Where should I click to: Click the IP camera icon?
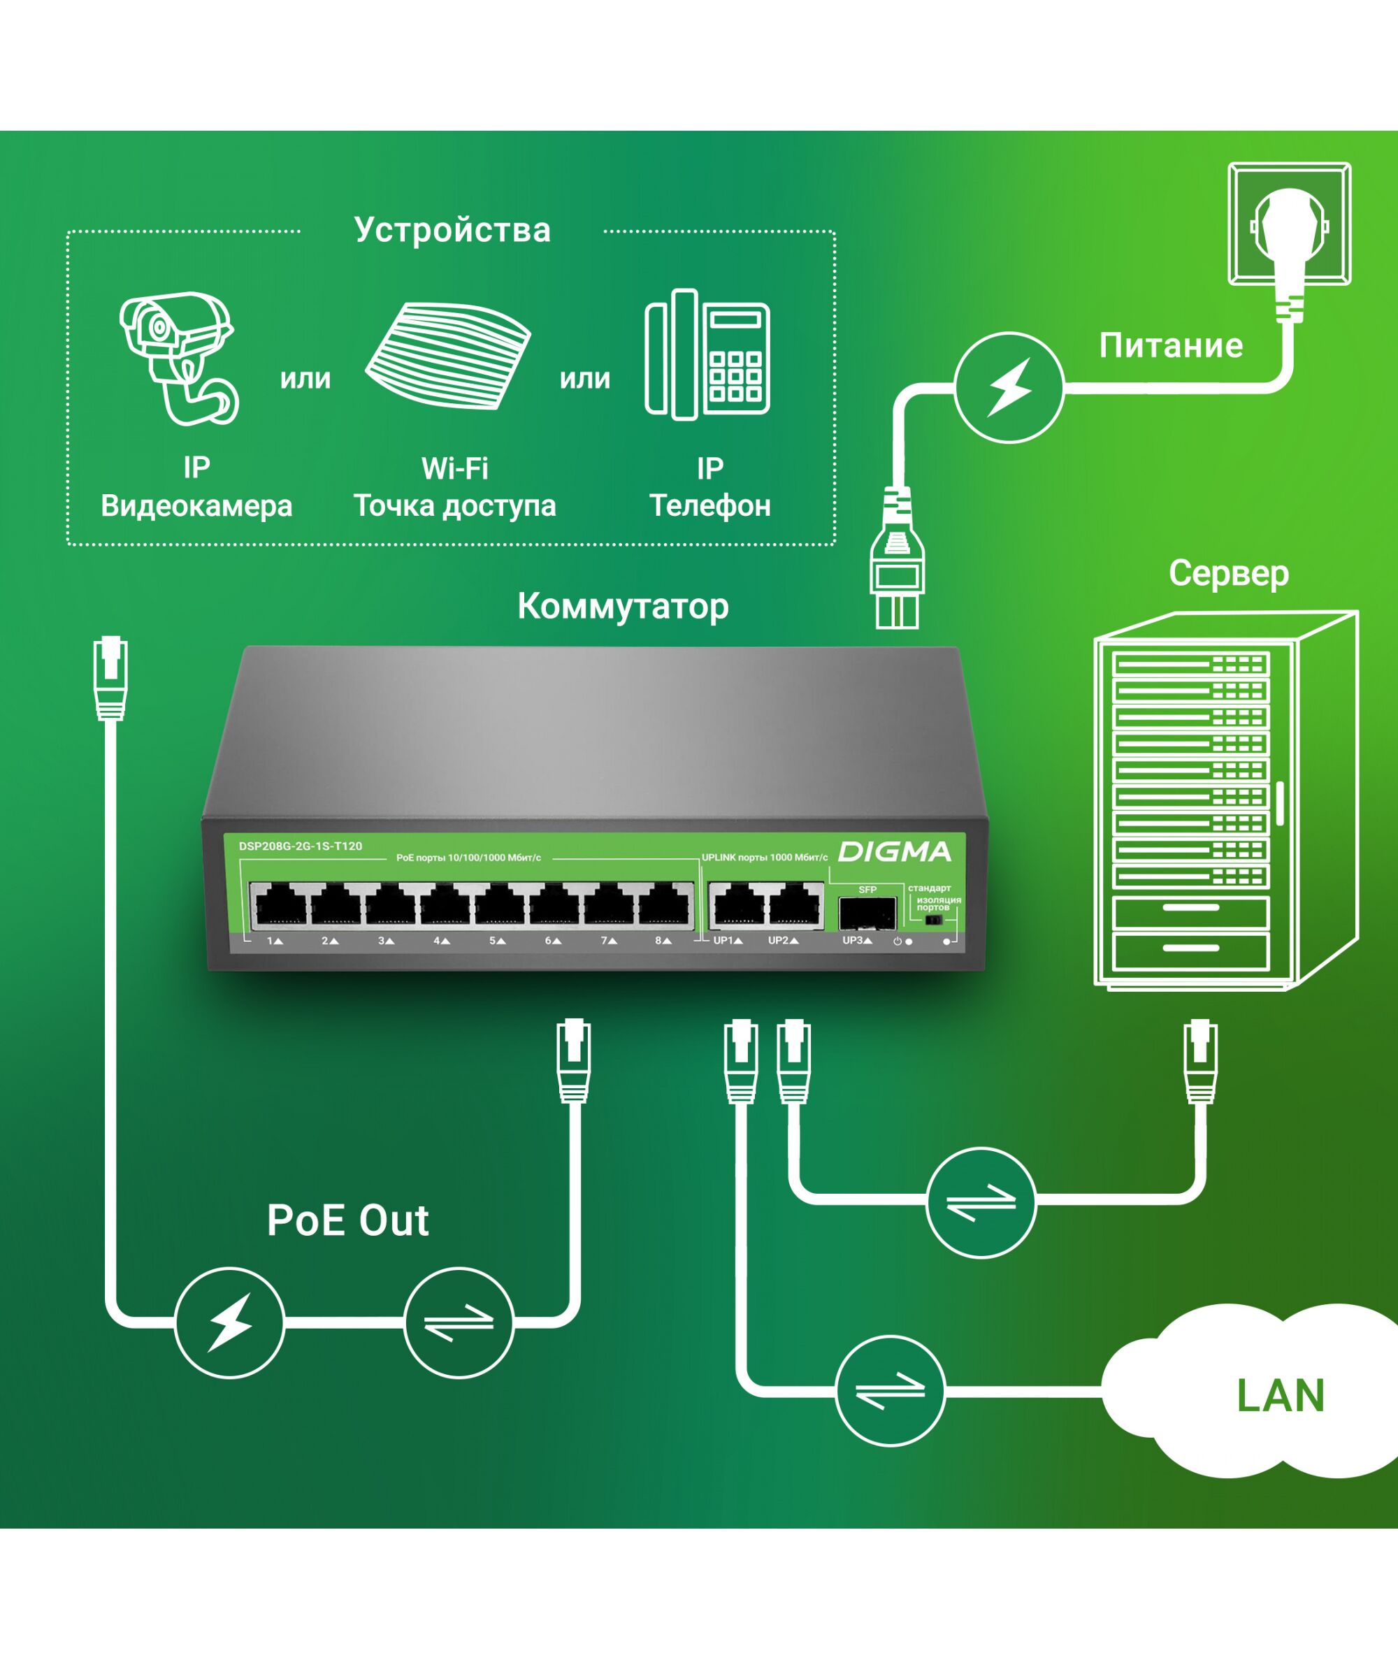(178, 357)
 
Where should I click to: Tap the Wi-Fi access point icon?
(448, 356)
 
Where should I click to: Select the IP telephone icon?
(707, 354)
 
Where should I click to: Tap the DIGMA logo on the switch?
(894, 852)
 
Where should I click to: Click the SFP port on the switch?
(867, 913)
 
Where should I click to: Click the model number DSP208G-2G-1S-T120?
(301, 846)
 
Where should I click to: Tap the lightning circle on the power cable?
(1008, 387)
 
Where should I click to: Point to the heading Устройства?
(452, 230)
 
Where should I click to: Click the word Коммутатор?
(623, 606)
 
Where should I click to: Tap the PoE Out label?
(348, 1220)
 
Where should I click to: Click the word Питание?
(1171, 345)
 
